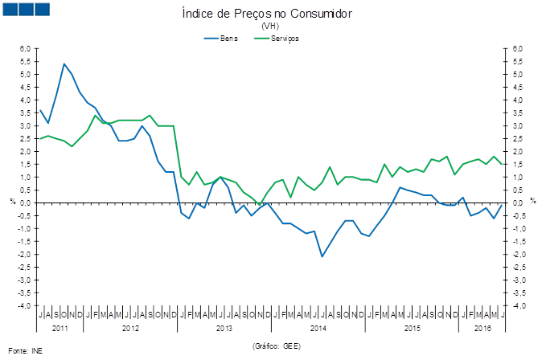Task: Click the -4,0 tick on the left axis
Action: click(24, 306)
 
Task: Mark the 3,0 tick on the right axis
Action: click(518, 126)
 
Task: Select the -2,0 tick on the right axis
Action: click(519, 255)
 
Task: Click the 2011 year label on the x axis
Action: click(60, 328)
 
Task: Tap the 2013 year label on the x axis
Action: click(224, 328)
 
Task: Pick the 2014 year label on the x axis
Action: click(318, 328)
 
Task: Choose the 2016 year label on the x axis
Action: click(482, 328)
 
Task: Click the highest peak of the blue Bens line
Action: click(64, 63)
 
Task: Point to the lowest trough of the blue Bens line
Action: click(322, 256)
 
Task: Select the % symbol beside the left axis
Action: click(12, 201)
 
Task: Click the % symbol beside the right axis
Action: click(532, 201)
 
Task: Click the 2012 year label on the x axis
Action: click(131, 328)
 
